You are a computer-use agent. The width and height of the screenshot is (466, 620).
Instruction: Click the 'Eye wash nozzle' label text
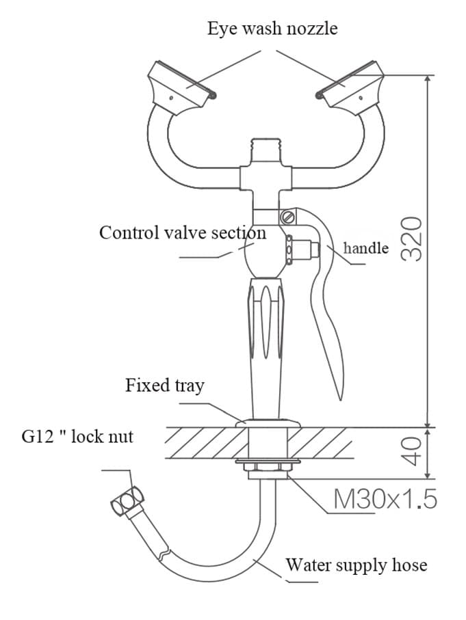(x=272, y=29)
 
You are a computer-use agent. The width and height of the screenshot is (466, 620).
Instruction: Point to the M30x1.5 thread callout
(x=385, y=500)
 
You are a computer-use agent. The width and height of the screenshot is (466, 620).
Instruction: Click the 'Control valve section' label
(x=182, y=232)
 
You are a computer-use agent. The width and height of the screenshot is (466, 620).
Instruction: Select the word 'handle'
(x=365, y=247)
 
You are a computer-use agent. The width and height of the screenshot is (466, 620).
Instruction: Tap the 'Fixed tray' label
(x=164, y=386)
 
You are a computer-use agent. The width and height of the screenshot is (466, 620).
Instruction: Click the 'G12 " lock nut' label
(x=77, y=436)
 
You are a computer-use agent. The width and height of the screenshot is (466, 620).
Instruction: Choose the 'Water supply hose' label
(x=356, y=565)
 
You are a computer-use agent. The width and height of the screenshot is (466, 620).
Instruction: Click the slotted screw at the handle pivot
(x=287, y=218)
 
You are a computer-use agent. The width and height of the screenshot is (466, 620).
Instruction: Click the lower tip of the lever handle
(x=337, y=395)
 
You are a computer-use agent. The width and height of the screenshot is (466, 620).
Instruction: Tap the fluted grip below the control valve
(x=266, y=321)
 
